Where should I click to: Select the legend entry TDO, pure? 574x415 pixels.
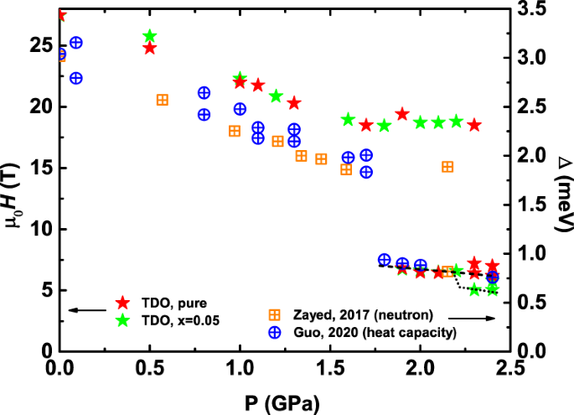pyautogui.click(x=172, y=302)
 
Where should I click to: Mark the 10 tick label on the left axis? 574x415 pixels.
pyautogui.click(x=41, y=229)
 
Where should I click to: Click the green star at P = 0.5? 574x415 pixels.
pyautogui.click(x=150, y=36)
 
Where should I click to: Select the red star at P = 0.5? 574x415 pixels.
pyautogui.click(x=150, y=48)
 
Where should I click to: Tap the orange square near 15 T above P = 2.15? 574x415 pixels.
pyautogui.click(x=447, y=167)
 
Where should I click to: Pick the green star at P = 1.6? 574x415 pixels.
pyautogui.click(x=349, y=119)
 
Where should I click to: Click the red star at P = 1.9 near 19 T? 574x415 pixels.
pyautogui.click(x=402, y=114)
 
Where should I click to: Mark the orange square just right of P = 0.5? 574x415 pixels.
pyautogui.click(x=163, y=100)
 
